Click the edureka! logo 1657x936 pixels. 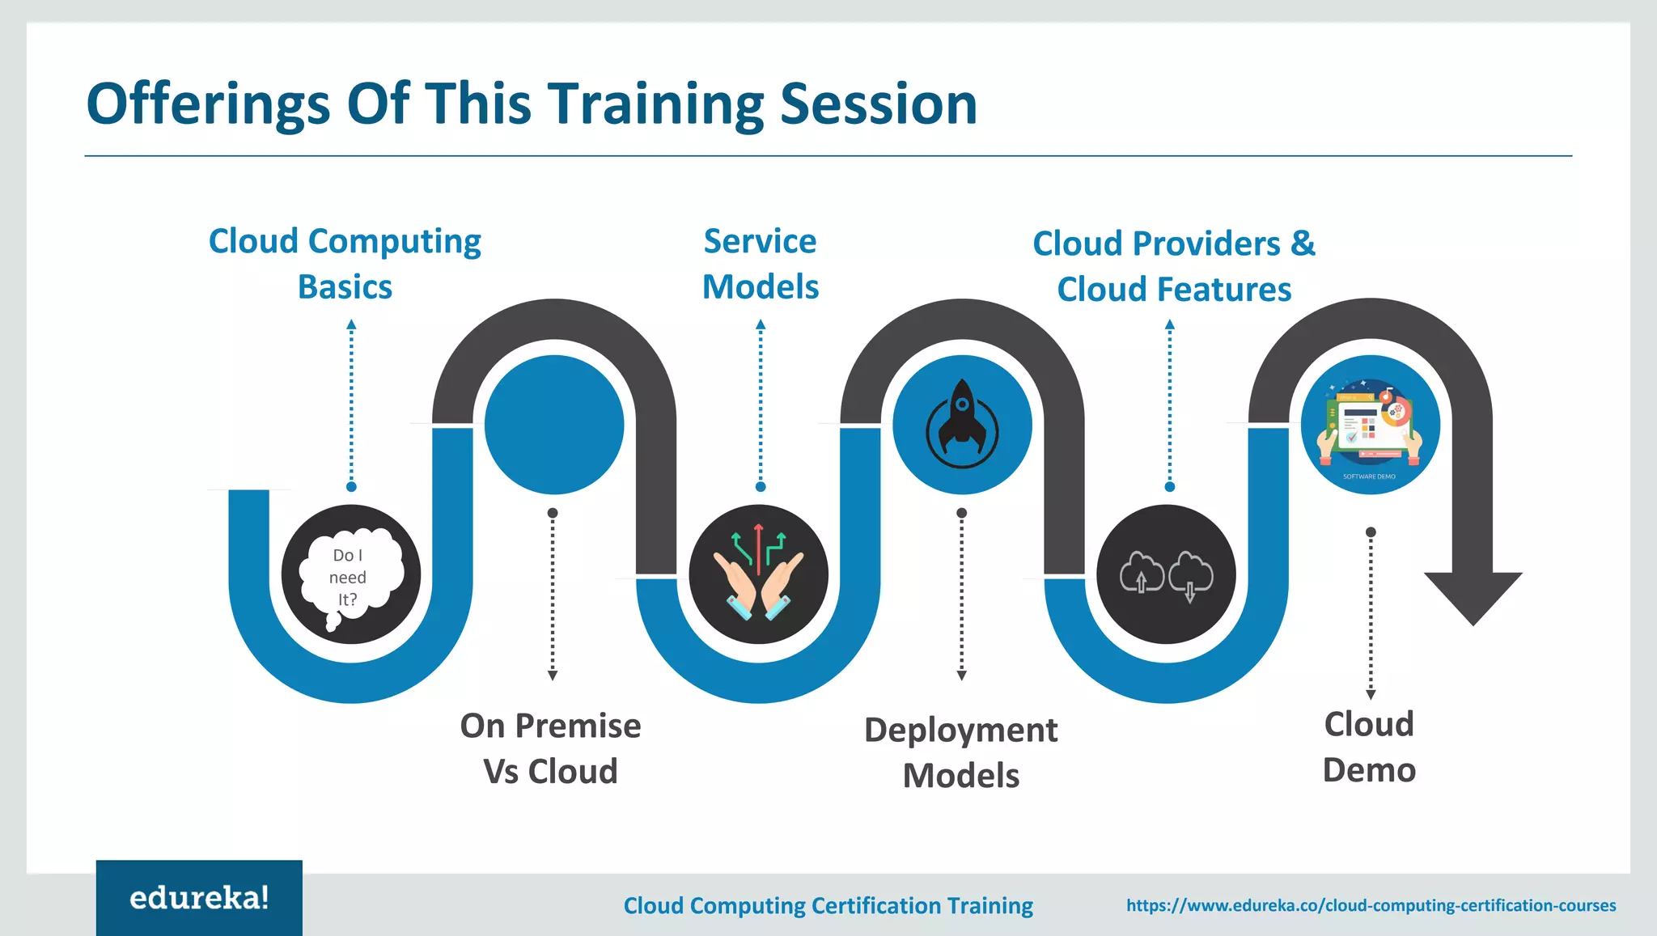pyautogui.click(x=199, y=898)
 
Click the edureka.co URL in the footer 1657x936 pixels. pyautogui.click(x=1371, y=905)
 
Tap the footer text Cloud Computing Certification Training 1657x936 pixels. pyautogui.click(x=828, y=905)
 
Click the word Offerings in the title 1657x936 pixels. pyautogui.click(x=208, y=104)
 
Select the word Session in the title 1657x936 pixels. pyautogui.click(x=879, y=104)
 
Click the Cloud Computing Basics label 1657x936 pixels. pyautogui.click(x=345, y=264)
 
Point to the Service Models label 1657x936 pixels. pyautogui.click(x=760, y=264)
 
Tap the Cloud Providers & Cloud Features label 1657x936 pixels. pyautogui.click(x=1174, y=266)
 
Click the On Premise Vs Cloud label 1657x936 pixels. pyautogui.click(x=550, y=748)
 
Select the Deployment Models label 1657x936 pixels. pyautogui.click(x=960, y=752)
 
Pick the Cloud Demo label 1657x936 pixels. pyautogui.click(x=1369, y=747)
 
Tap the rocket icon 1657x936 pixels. pyautogui.click(x=962, y=423)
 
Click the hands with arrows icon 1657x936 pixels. pyautogui.click(x=759, y=574)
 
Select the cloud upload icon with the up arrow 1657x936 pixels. pyautogui.click(x=1141, y=573)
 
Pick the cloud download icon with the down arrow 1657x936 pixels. pyautogui.click(x=1190, y=573)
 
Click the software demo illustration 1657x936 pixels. pyautogui.click(x=1370, y=425)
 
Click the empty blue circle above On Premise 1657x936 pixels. pyautogui.click(x=554, y=425)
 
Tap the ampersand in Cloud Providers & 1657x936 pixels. pyautogui.click(x=1303, y=244)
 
